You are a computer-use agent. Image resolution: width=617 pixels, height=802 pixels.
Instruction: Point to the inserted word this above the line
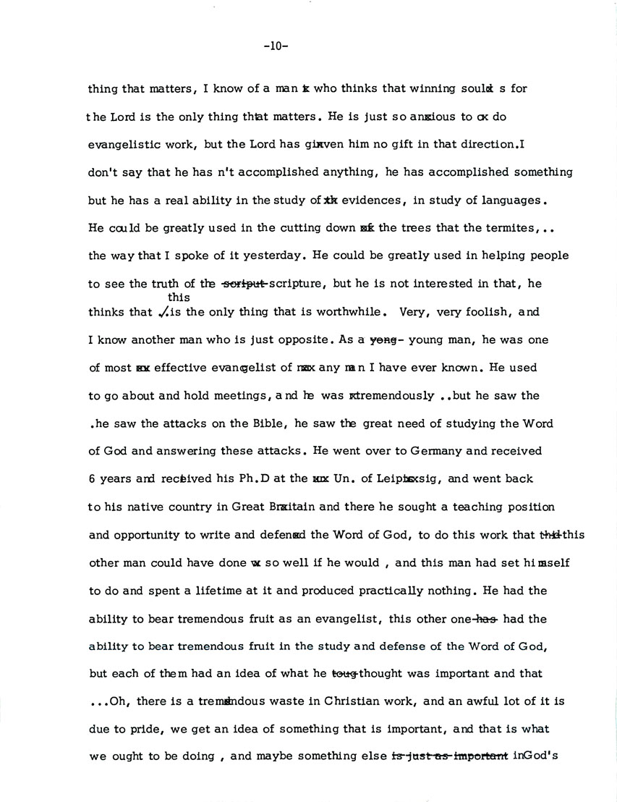(x=178, y=297)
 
